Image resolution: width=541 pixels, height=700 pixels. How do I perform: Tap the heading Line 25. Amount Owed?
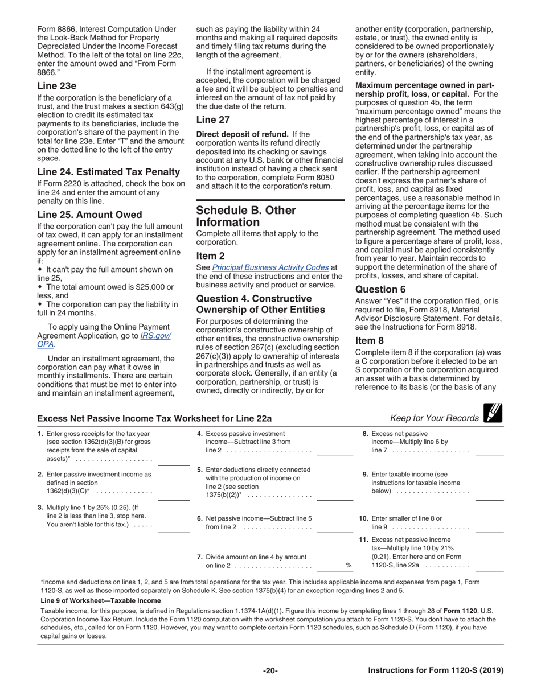pyautogui.click(x=89, y=215)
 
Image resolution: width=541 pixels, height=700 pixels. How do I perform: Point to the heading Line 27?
pyautogui.click(x=213, y=120)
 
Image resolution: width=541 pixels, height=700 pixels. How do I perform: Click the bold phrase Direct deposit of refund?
pyautogui.click(x=243, y=134)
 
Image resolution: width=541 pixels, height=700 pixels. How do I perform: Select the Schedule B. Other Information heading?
pyautogui.click(x=246, y=216)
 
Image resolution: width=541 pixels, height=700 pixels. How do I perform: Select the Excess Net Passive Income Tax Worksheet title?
pyautogui.click(x=154, y=418)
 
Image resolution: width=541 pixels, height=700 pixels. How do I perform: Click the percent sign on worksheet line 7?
pyautogui.click(x=349, y=565)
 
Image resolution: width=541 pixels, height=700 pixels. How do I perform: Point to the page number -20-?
pyautogui.click(x=270, y=670)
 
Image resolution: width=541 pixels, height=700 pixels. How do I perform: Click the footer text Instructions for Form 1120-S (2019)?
pyautogui.click(x=436, y=670)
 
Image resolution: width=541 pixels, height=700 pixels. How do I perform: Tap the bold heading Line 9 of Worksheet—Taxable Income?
pyautogui.click(x=101, y=600)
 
